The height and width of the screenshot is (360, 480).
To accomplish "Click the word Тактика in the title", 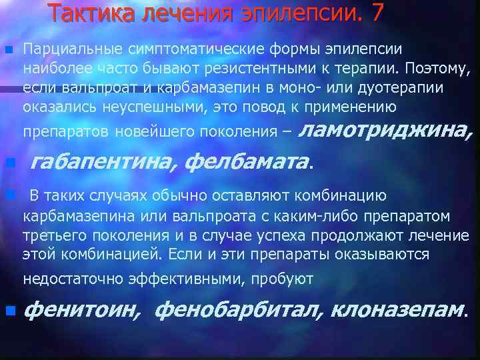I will click(91, 14).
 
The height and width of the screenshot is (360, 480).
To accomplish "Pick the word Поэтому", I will click(435, 69).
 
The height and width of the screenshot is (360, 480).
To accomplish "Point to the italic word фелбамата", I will click(247, 161).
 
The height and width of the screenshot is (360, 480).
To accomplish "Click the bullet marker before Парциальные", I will click(9, 51).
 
